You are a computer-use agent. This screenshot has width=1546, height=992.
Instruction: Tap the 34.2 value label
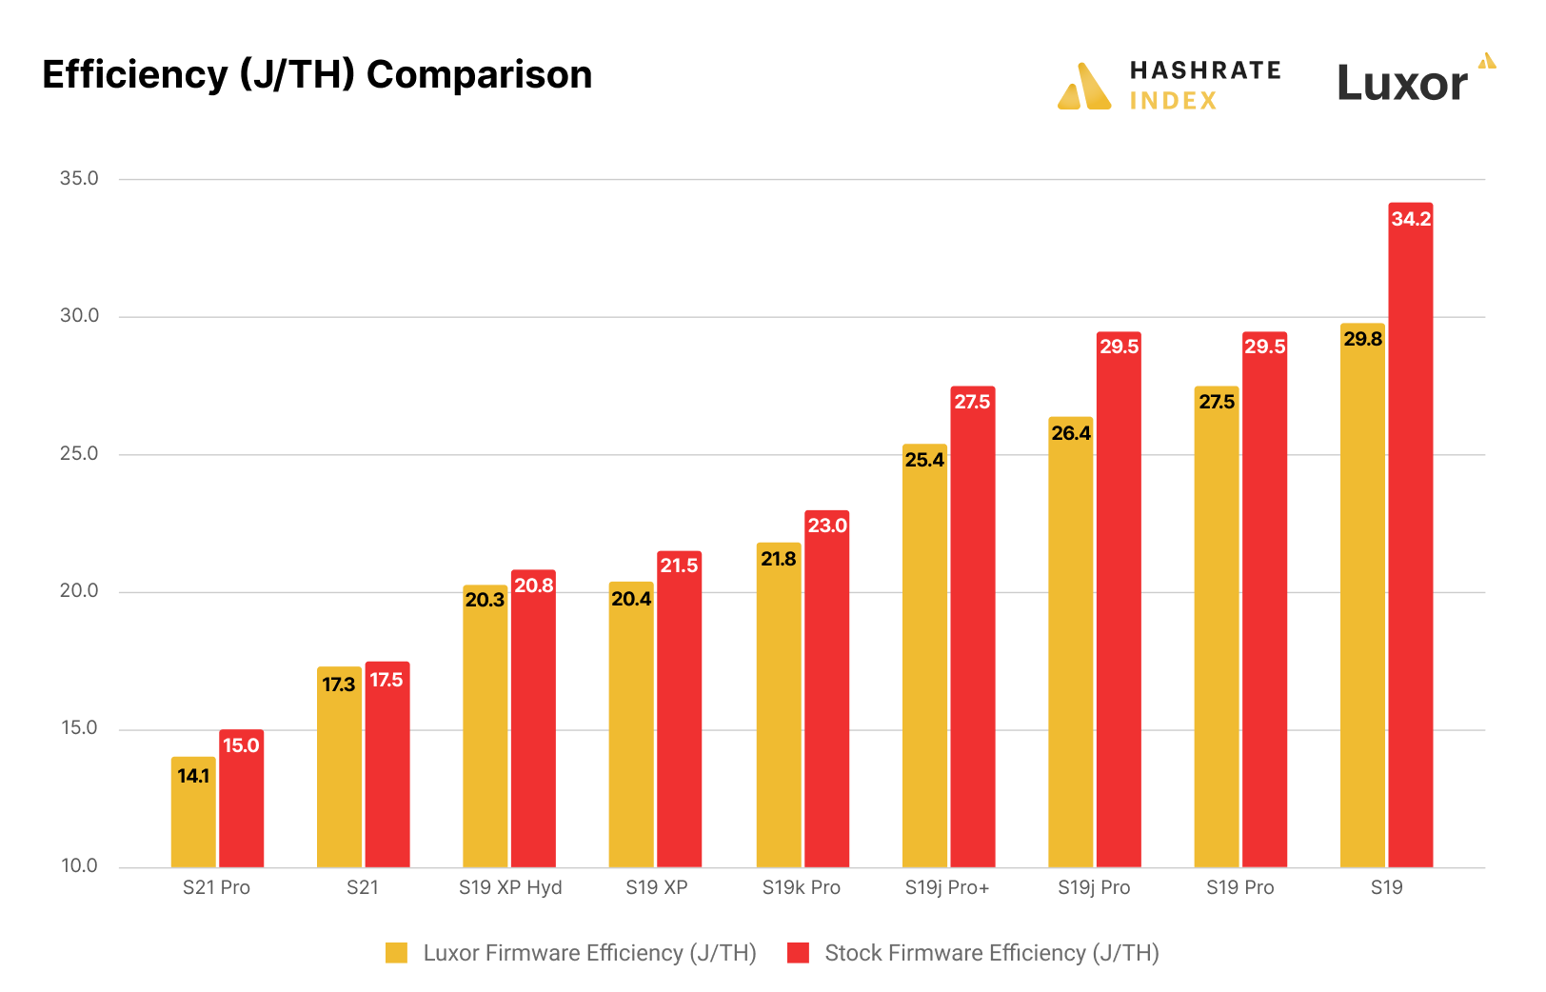(1410, 219)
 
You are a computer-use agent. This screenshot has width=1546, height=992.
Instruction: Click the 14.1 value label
(193, 776)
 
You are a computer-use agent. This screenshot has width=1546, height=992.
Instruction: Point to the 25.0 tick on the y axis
(79, 454)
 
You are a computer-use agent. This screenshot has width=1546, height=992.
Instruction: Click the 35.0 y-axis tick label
(79, 179)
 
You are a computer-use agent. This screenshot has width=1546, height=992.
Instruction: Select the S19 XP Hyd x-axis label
(510, 887)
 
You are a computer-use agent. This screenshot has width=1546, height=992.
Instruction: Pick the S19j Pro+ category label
(947, 887)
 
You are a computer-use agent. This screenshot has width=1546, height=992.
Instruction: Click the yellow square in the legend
(396, 953)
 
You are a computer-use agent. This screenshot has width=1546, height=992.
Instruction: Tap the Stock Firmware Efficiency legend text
(991, 953)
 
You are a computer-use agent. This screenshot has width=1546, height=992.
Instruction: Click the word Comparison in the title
(479, 75)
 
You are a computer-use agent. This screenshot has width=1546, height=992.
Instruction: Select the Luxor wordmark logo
(1402, 84)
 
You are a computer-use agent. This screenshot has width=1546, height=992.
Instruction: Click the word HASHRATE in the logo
(1205, 70)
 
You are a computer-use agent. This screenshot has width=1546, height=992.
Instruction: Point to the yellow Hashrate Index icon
(1084, 87)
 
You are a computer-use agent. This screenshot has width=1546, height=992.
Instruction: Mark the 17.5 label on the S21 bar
(386, 680)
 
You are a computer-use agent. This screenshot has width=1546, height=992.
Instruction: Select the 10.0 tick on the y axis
(79, 866)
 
